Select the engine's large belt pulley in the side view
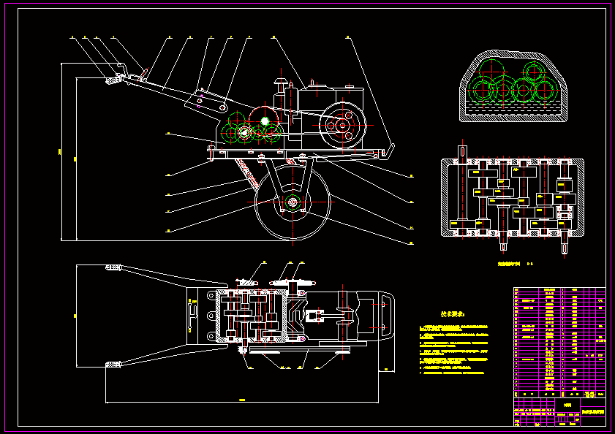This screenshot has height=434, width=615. tap(342, 126)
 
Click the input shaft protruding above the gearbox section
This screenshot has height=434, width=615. tap(461, 150)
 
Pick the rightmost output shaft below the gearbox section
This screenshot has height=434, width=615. tap(566, 245)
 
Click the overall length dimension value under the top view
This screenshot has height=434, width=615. tap(241, 400)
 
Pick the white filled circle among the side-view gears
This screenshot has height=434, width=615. tap(265, 121)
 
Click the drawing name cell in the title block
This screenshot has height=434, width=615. tap(592, 414)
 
